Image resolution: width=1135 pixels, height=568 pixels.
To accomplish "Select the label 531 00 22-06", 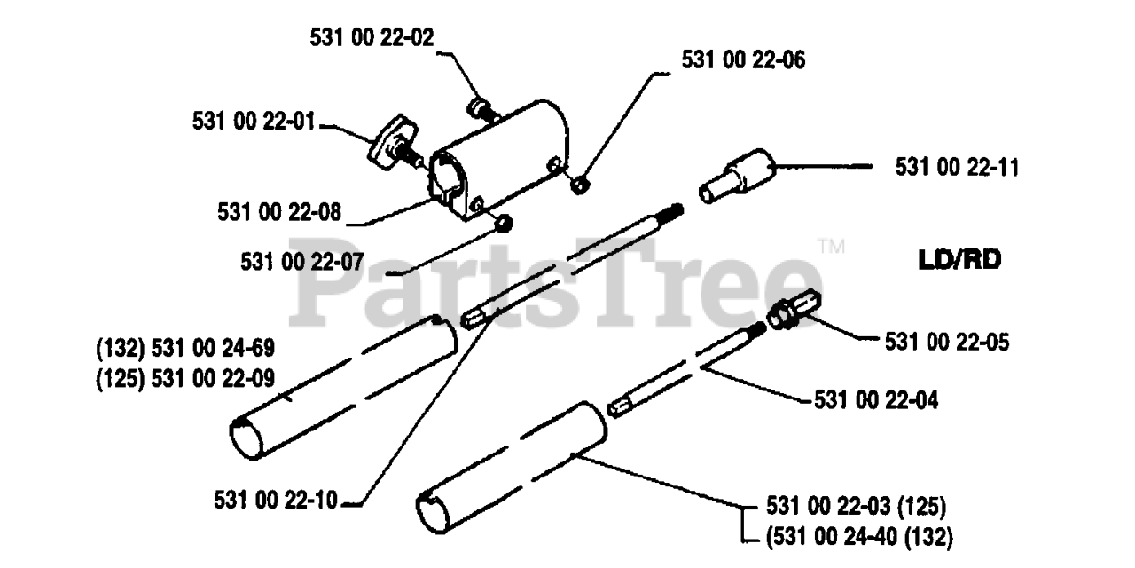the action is coord(743,59).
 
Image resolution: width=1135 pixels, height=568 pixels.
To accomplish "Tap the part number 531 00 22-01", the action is coord(254,122).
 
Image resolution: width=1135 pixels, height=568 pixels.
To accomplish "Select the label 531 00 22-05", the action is coord(946,340).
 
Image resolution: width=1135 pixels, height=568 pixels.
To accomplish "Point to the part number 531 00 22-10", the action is coord(276,501).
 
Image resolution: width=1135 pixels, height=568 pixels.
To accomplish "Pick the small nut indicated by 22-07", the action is coord(502,222).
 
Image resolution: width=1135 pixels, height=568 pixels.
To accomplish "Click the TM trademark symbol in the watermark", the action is coord(831,246).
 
